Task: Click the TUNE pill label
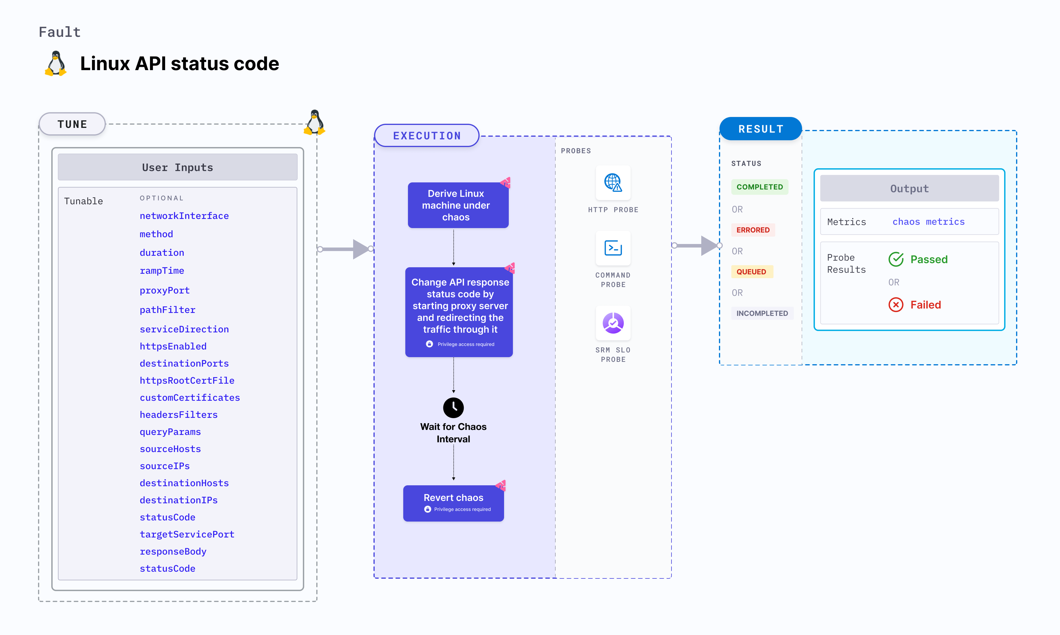(72, 124)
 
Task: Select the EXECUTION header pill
(427, 136)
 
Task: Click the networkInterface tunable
(184, 216)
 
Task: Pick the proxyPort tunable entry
(164, 290)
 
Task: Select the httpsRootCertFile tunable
(187, 380)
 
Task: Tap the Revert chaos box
(453, 503)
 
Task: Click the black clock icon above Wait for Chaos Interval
(453, 407)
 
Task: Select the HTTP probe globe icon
(613, 183)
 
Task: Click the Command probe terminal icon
(613, 248)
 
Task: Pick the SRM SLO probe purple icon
(613, 323)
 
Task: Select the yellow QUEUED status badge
(751, 272)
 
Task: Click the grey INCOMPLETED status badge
(762, 313)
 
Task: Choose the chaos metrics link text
(928, 222)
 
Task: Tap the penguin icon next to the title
(56, 64)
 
